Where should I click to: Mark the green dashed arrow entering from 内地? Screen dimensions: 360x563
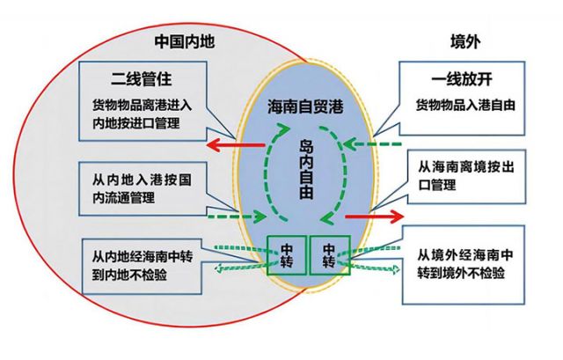tap(233, 214)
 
